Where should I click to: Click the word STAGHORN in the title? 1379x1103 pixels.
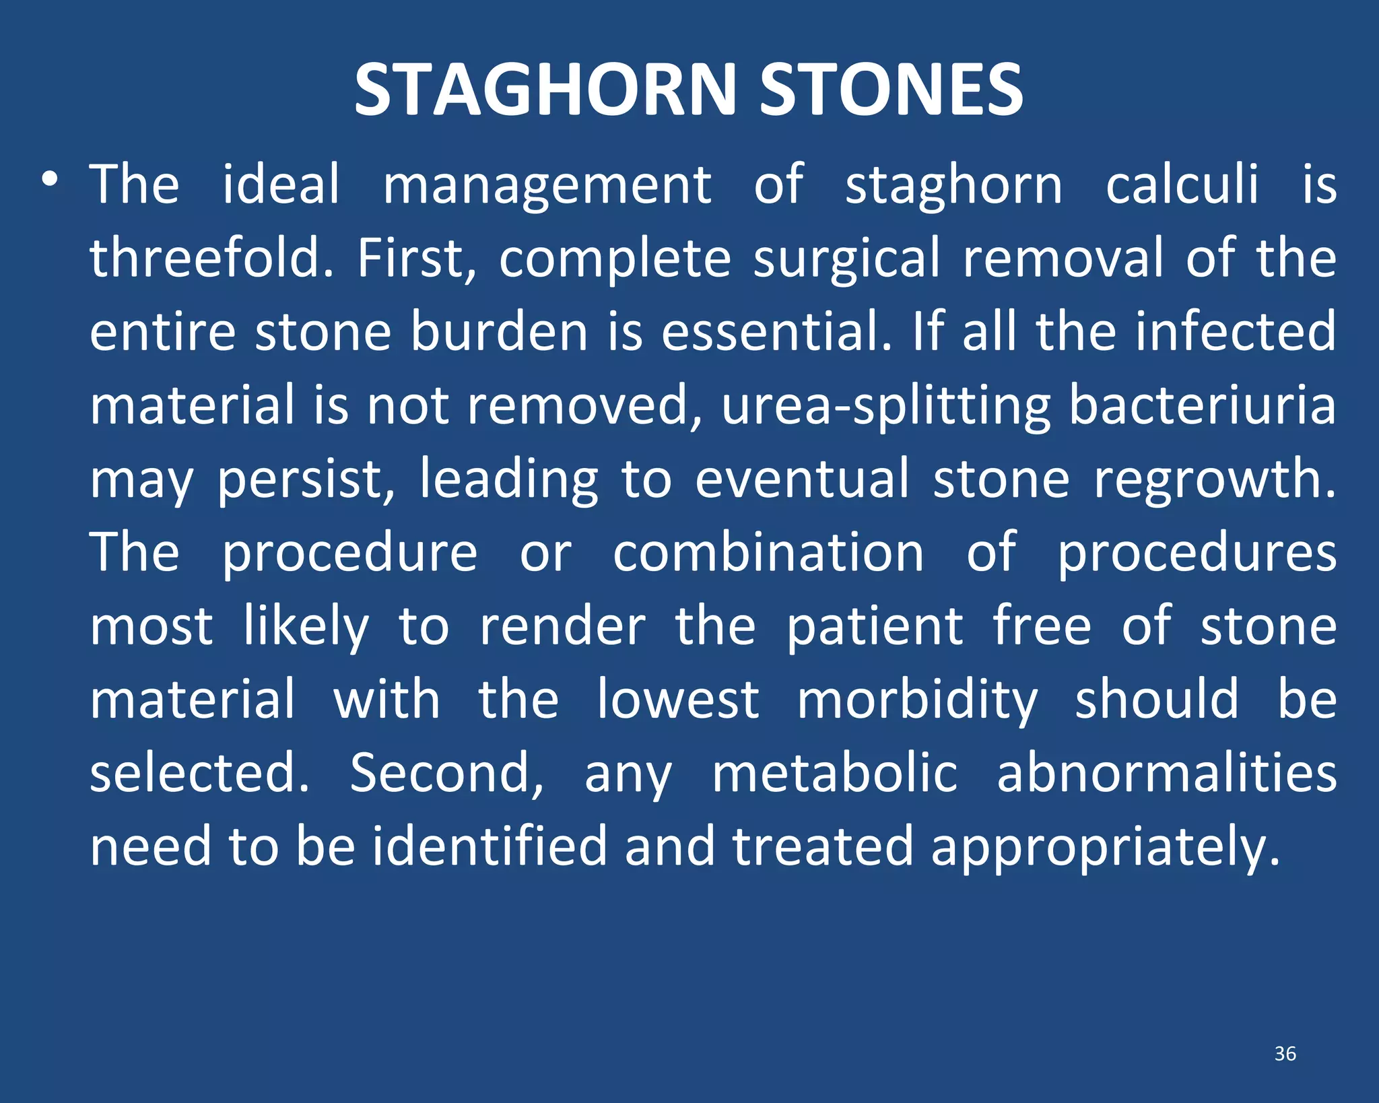click(x=545, y=90)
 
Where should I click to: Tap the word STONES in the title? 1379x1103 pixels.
click(x=892, y=90)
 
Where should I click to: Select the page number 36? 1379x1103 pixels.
click(x=1285, y=1053)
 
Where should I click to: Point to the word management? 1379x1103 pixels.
click(x=547, y=186)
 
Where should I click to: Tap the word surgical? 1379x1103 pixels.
click(x=846, y=259)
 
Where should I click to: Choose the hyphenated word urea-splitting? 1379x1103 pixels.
click(x=885, y=407)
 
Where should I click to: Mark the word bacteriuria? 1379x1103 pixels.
click(x=1202, y=405)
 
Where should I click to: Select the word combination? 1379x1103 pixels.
click(x=768, y=553)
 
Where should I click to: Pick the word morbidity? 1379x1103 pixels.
click(x=918, y=701)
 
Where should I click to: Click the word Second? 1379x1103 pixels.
click(x=446, y=773)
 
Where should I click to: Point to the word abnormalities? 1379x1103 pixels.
click(x=1166, y=773)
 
